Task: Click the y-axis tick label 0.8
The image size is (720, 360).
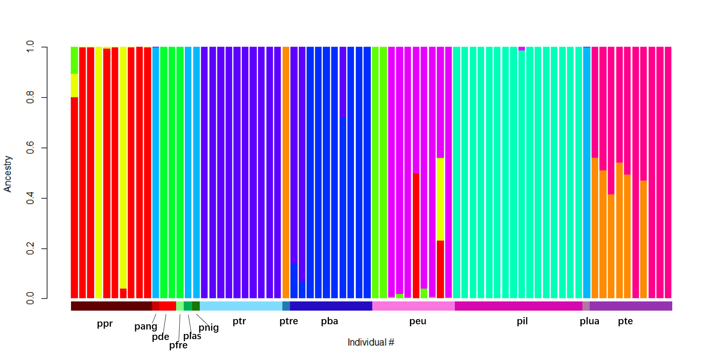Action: click(x=30, y=97)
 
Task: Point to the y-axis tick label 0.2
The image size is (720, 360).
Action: click(x=30, y=248)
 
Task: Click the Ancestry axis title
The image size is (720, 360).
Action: click(x=8, y=174)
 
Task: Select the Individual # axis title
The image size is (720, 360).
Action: click(x=371, y=342)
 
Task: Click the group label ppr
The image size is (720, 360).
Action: click(x=105, y=323)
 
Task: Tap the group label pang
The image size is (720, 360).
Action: click(x=146, y=326)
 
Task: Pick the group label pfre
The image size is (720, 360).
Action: click(x=178, y=345)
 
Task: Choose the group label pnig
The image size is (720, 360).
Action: click(x=209, y=327)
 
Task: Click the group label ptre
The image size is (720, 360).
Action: click(x=289, y=321)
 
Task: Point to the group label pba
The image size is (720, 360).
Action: click(x=329, y=321)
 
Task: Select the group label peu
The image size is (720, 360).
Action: click(x=418, y=321)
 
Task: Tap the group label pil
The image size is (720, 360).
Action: click(x=522, y=321)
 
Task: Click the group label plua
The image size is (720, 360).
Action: click(x=589, y=321)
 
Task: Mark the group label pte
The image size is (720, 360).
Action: click(x=625, y=321)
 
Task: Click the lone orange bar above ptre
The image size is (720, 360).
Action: click(x=286, y=173)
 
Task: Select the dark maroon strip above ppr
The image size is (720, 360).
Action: click(x=111, y=306)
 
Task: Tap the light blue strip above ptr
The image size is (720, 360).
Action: click(x=241, y=306)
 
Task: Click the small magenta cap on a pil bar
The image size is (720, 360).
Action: click(x=521, y=49)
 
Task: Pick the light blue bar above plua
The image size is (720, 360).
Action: click(x=586, y=173)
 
